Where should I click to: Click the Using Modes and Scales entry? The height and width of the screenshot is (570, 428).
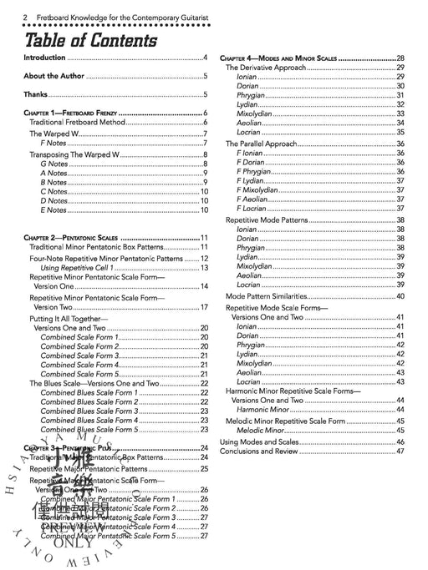259,441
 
